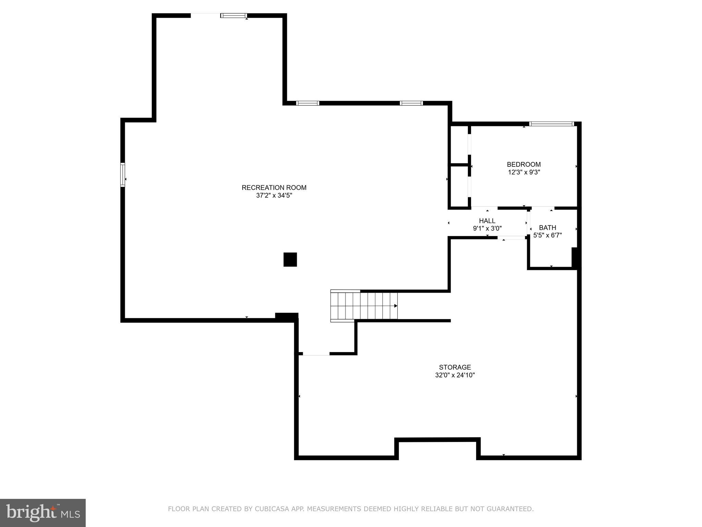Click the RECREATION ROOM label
[274, 188]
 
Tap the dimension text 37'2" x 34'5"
[274, 196]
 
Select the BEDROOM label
[524, 164]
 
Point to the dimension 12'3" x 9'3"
[524, 172]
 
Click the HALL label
[487, 221]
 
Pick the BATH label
[547, 227]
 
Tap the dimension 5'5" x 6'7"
[547, 235]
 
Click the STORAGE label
[455, 367]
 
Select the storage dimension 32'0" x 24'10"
[455, 375]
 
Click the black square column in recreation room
[290, 259]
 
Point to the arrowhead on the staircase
[396, 306]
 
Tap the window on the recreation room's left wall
[123, 175]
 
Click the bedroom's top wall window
[551, 124]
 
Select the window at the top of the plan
[234, 15]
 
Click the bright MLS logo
[43, 513]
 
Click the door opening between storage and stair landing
[316, 354]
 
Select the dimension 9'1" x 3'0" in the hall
[487, 229]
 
